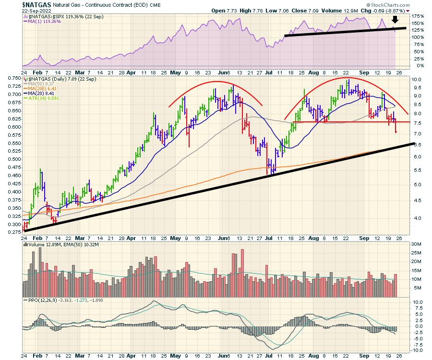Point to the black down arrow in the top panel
pyautogui.click(x=395, y=20)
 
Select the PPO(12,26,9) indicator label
pyautogui.click(x=46, y=300)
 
